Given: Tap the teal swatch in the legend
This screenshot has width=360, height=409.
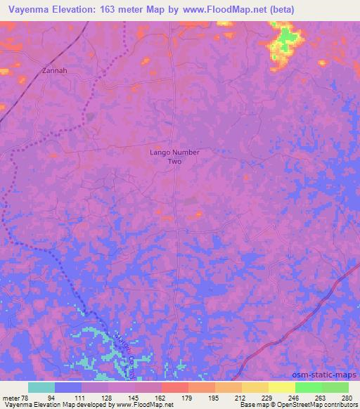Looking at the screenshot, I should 41,387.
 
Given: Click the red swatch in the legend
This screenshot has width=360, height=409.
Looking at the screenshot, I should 174,387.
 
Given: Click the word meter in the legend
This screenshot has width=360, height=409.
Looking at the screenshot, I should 10,397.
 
